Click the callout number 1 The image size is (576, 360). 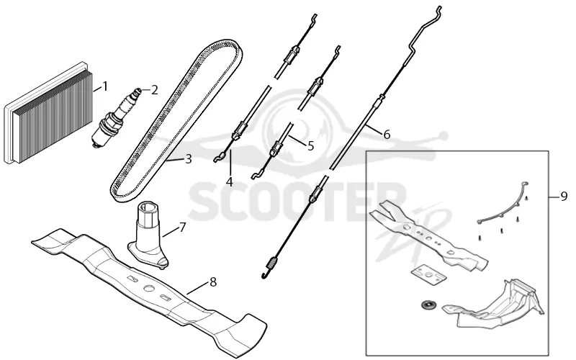click(x=105, y=87)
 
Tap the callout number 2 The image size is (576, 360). click(x=154, y=89)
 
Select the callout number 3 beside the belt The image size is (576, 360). click(x=189, y=159)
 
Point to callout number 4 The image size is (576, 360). click(x=230, y=182)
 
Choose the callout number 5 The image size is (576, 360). click(x=311, y=146)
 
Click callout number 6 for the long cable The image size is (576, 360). click(x=387, y=135)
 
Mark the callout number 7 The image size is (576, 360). click(x=183, y=228)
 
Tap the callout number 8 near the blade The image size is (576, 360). click(x=212, y=282)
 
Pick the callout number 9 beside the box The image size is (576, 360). click(x=564, y=197)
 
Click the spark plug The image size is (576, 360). click(x=117, y=117)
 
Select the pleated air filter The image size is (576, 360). click(x=48, y=113)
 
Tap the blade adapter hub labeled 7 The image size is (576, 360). click(x=148, y=235)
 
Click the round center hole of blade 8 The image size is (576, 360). click(x=148, y=289)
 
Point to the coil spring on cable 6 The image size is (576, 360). click(x=272, y=263)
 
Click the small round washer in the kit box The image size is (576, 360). click(x=427, y=305)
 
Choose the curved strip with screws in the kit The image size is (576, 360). click(x=503, y=204)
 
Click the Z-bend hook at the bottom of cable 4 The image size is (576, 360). click(x=220, y=158)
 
